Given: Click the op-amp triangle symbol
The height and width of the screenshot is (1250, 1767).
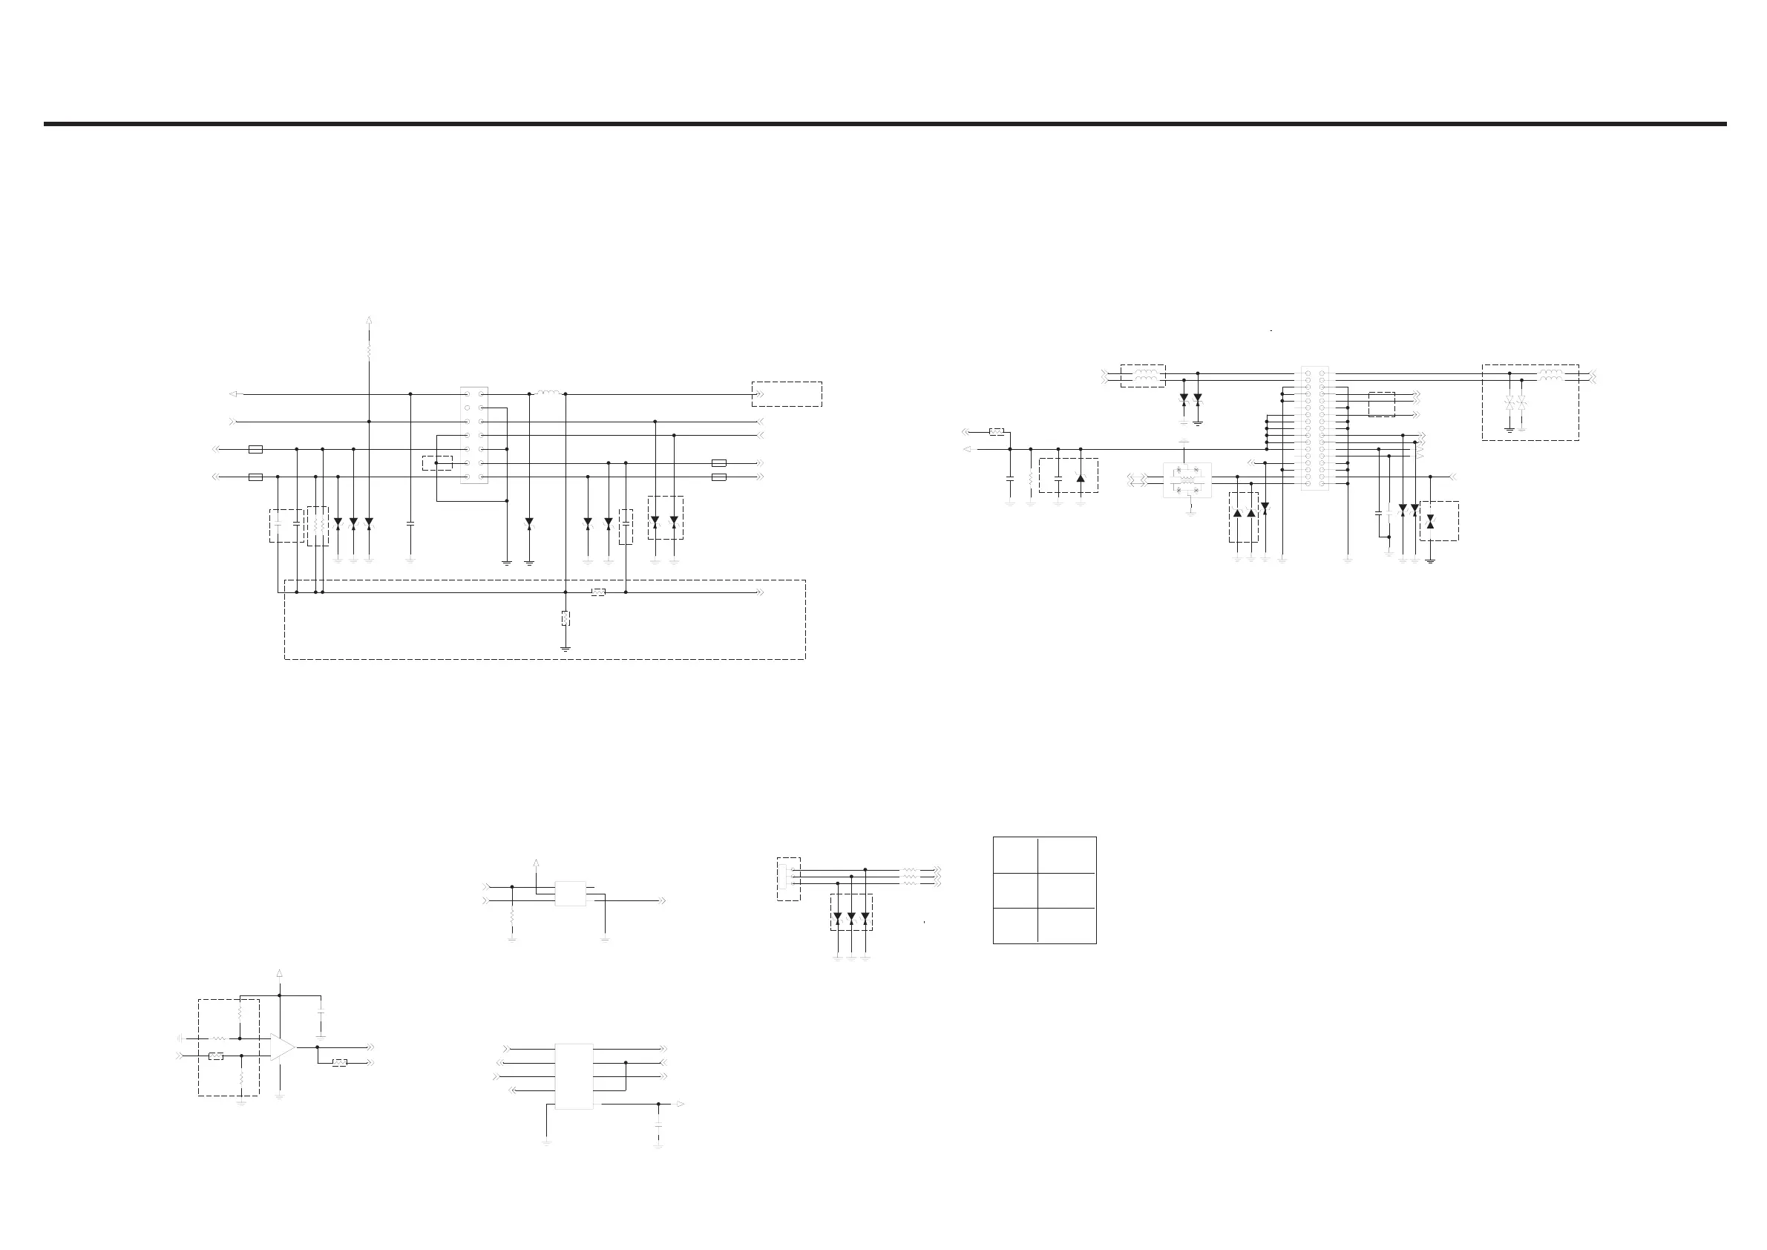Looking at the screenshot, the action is point(282,1047).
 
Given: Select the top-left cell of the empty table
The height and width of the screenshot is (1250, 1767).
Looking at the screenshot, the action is point(1014,855).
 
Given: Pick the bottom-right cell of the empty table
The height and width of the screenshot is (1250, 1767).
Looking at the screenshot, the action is point(1066,925).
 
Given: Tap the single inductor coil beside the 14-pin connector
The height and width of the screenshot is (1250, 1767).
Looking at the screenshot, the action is point(548,393).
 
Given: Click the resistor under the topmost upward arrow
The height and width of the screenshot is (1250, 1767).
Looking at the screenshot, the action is point(370,350).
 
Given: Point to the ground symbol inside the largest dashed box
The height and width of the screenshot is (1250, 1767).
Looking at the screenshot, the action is point(565,648).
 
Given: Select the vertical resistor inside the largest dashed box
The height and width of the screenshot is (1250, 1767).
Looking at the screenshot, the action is point(565,618).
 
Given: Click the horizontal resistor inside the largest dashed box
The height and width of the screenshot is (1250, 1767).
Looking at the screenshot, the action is point(598,592).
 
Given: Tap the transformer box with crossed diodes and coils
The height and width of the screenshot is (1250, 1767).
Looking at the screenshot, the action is point(1187,480).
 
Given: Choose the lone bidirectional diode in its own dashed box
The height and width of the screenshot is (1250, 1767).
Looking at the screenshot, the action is point(1430,522).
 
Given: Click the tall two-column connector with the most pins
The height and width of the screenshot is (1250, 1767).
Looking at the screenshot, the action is point(1314,428).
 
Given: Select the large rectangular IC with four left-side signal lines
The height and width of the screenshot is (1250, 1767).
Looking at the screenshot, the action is point(574,1076).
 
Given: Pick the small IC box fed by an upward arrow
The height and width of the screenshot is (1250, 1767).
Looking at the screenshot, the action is point(570,894).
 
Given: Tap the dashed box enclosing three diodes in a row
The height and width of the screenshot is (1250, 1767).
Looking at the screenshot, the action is point(851,913).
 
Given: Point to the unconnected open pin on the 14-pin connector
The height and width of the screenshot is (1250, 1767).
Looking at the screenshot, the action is point(467,408).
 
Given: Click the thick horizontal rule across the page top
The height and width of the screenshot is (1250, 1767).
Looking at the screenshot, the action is point(885,123).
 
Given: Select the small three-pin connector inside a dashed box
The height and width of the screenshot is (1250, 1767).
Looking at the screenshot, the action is point(788,879).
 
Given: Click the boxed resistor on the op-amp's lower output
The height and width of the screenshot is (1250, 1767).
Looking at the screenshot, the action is point(339,1063).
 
